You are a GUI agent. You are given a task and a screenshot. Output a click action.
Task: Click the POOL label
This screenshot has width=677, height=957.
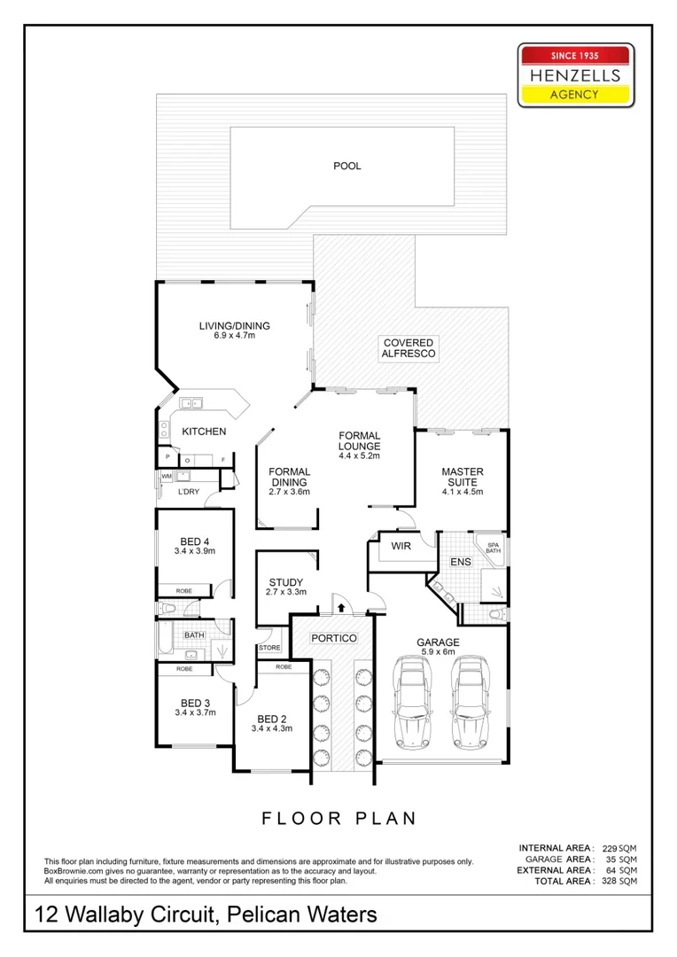click(x=347, y=166)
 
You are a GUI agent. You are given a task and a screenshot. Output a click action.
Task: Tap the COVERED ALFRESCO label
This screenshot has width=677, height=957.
click(x=408, y=348)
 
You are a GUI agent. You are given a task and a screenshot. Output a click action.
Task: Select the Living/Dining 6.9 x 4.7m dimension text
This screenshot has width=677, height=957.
click(x=234, y=336)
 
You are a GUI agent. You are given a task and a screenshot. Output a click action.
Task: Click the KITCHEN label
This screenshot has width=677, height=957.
click(x=204, y=432)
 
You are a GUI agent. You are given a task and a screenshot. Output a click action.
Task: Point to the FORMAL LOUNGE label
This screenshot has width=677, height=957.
click(x=359, y=440)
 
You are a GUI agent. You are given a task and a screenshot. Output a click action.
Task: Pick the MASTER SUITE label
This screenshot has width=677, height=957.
click(x=462, y=477)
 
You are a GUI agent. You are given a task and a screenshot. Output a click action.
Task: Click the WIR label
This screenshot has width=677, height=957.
click(x=400, y=547)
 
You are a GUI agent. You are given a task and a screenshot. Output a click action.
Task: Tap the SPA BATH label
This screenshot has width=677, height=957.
click(x=493, y=547)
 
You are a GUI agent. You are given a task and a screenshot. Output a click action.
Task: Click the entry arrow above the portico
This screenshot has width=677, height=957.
click(x=341, y=607)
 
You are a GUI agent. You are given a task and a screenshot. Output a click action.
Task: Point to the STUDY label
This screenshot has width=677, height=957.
click(x=285, y=582)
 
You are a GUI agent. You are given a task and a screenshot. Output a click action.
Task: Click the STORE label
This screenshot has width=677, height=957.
click(x=269, y=648)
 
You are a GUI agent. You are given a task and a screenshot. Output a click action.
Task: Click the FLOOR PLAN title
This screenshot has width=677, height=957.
click(x=338, y=818)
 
